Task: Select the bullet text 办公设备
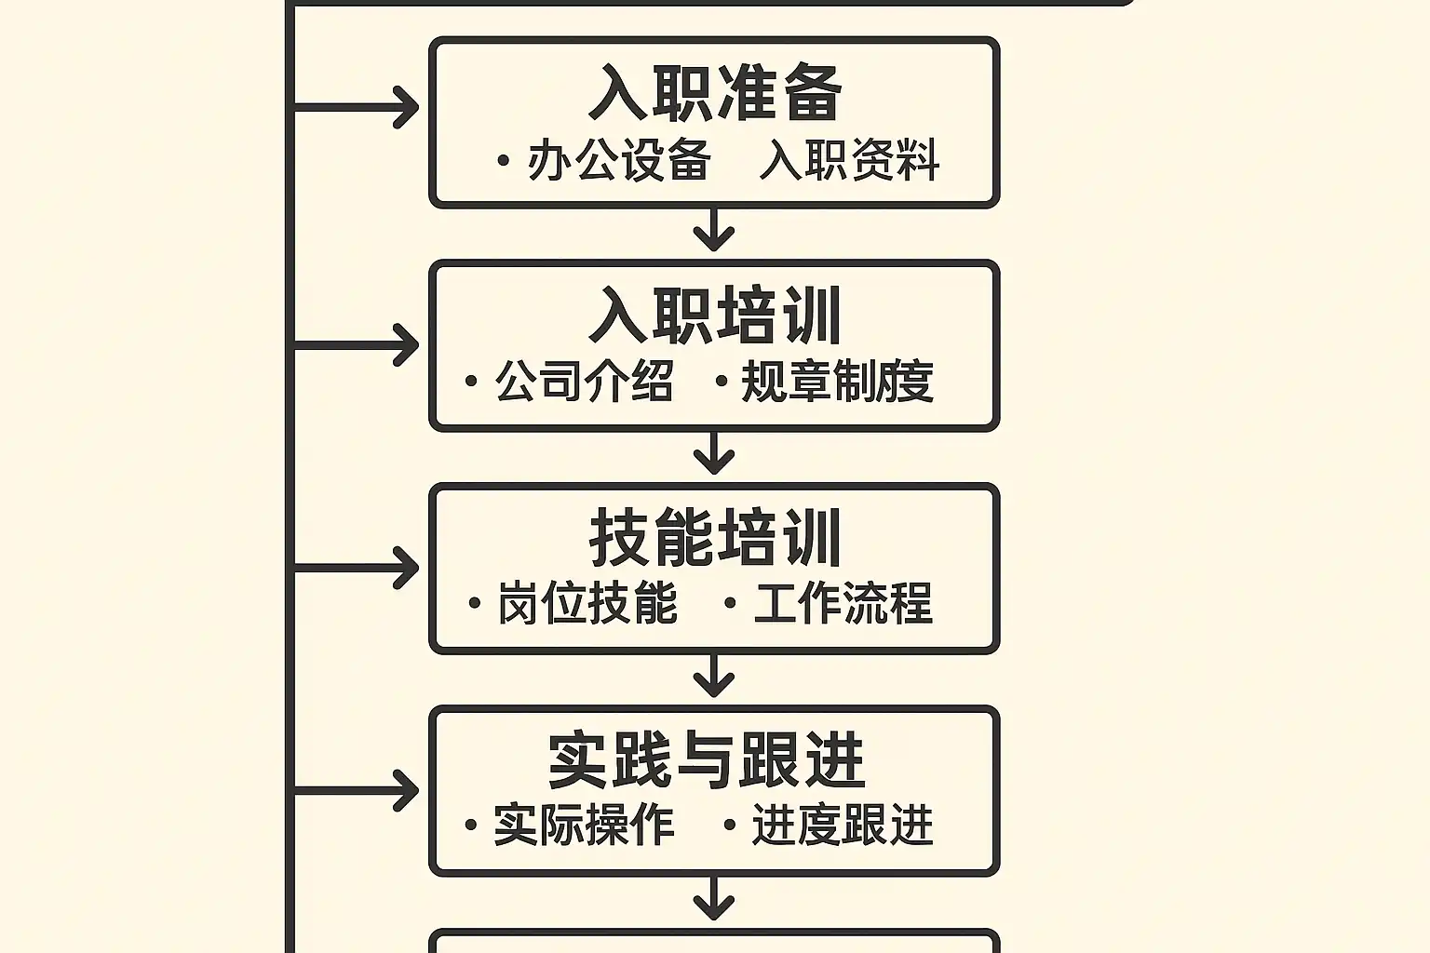tap(618, 159)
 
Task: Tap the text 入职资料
tap(849, 159)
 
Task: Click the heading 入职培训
tap(714, 316)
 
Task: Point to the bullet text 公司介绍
tap(584, 381)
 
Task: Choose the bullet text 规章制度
tap(838, 381)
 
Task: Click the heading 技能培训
tap(714, 538)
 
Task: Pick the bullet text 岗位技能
tap(587, 602)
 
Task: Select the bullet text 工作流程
tap(843, 602)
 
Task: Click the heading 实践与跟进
tap(706, 761)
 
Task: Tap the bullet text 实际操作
tap(584, 825)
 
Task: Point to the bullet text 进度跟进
tap(843, 825)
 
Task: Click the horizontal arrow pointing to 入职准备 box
tap(355, 107)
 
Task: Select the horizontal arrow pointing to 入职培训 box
tap(355, 345)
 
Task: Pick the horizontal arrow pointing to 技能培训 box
tap(355, 568)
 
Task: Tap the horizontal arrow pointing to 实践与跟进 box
tap(355, 791)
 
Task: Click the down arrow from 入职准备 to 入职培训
tap(714, 229)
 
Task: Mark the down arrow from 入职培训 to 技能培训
tap(714, 452)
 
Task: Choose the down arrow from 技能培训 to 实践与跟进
tap(714, 676)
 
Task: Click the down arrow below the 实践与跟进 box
tap(714, 898)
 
